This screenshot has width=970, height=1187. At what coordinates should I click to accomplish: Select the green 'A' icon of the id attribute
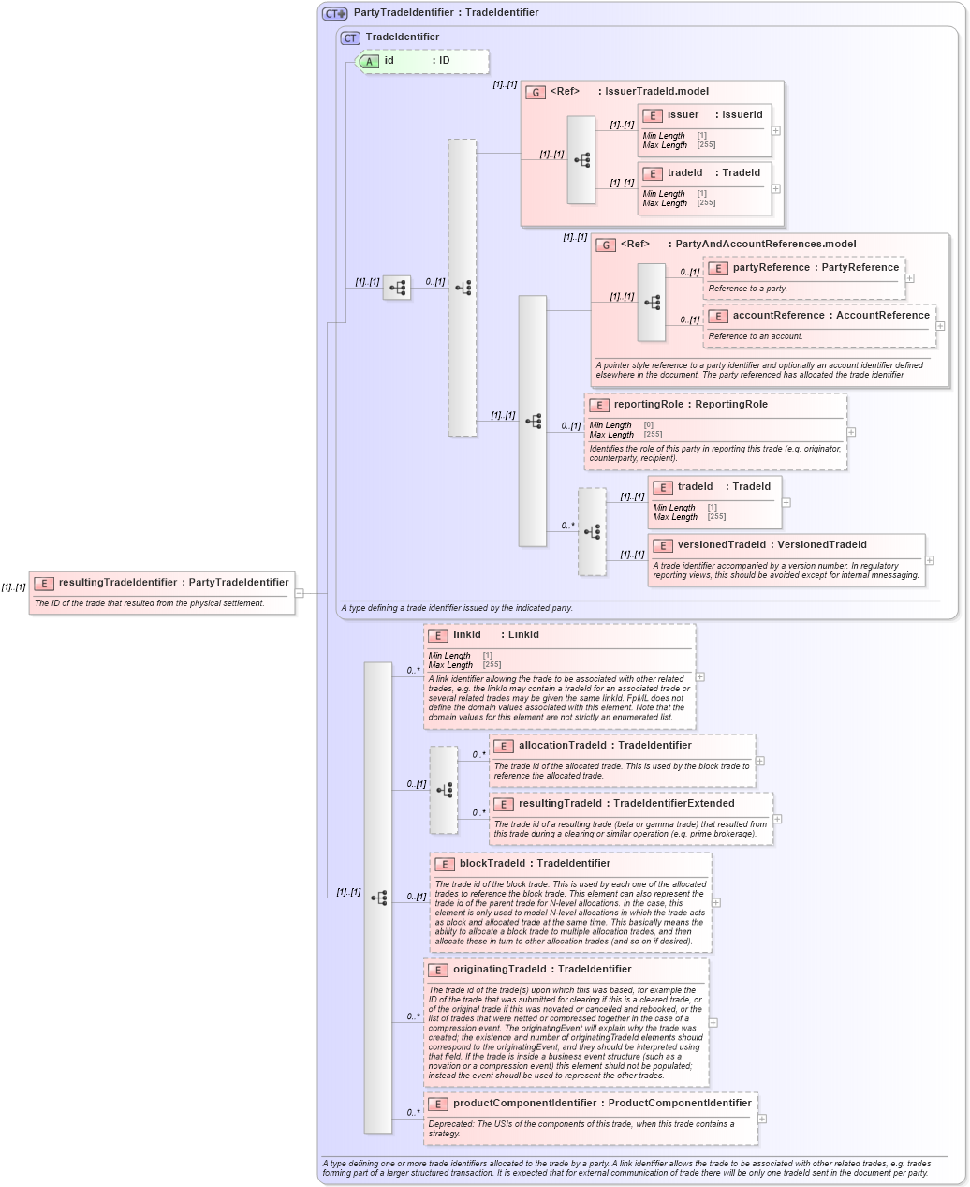click(x=370, y=61)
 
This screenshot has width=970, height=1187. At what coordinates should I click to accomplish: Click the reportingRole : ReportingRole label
click(x=690, y=405)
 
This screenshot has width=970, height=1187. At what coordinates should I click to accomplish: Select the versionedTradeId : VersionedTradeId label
click(x=772, y=545)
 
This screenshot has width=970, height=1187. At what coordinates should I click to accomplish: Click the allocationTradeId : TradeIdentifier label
click(x=605, y=746)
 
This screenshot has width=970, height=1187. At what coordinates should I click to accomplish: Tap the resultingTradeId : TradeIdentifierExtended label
click(x=626, y=804)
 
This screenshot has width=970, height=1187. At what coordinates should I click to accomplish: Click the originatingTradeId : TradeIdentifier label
click(x=542, y=970)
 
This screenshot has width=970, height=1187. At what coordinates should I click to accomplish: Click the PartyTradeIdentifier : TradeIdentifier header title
click(x=446, y=13)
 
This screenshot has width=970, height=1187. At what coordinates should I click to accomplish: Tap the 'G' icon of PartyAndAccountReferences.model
click(x=606, y=245)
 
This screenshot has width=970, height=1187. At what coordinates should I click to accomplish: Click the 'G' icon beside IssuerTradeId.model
click(x=536, y=92)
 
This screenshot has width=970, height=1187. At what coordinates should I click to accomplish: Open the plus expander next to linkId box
click(x=700, y=676)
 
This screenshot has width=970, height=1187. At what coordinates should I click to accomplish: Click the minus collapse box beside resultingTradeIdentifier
click(x=300, y=593)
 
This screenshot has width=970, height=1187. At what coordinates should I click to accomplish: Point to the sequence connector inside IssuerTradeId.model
click(x=581, y=160)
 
